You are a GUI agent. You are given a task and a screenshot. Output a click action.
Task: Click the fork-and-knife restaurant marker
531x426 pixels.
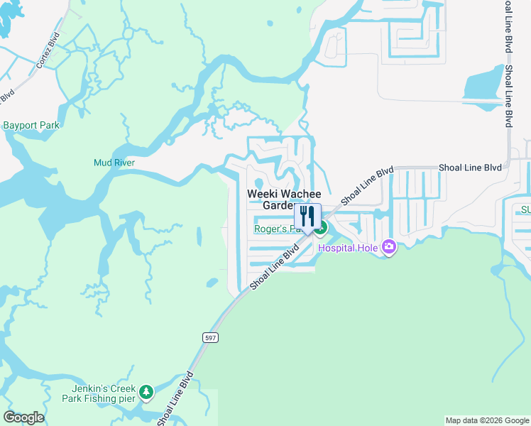coord(307,216)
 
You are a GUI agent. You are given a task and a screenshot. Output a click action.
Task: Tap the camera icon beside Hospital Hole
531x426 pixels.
coord(388,247)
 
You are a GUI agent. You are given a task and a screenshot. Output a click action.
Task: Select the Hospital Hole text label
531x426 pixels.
coord(349,248)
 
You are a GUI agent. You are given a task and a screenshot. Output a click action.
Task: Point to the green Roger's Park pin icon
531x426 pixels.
coord(322,229)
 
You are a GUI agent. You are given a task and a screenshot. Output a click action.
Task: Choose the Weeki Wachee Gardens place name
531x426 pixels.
coord(284,200)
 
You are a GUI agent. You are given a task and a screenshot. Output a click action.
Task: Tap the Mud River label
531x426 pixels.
coord(114,163)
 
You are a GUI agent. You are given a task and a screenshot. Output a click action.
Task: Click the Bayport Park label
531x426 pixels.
coord(31,125)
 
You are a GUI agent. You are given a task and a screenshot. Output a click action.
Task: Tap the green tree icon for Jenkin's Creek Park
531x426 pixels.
coord(146,392)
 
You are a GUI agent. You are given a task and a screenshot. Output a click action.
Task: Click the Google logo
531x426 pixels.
coord(23,417)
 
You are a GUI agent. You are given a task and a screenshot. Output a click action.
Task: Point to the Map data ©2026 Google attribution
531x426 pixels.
coord(487,420)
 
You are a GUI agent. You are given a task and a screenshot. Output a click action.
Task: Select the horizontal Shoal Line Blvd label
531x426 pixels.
coord(470,167)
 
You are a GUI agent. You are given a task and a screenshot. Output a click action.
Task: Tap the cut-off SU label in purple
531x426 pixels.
coord(525,209)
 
